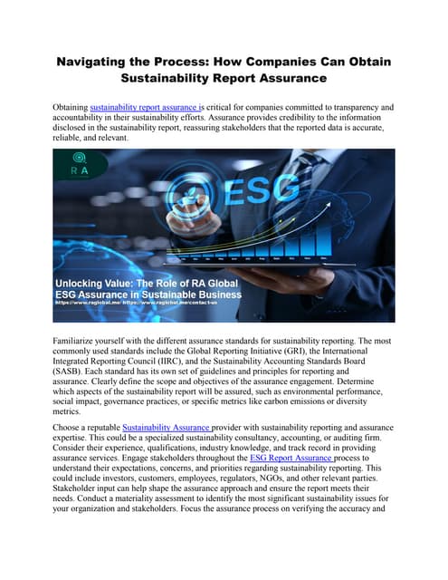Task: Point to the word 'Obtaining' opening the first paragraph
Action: pos(71,108)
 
